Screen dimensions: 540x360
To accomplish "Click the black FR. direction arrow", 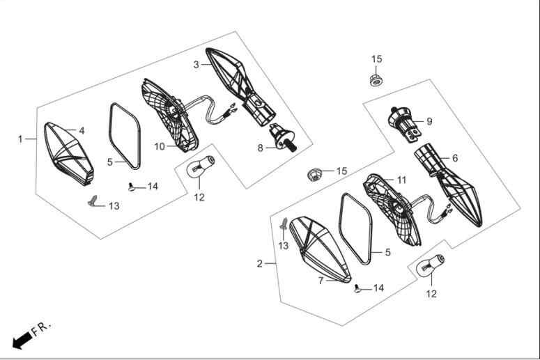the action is point(22,340).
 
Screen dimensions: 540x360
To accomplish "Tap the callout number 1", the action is point(20,139).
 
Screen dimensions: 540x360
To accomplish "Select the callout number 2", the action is point(260,264).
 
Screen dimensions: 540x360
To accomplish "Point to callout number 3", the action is point(196,65).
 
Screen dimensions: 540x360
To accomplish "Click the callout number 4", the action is point(82,130).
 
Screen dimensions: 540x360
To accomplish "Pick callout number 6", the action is point(455,158).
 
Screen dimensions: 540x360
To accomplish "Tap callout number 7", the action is point(321,281).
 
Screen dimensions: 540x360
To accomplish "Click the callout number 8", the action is point(261,148).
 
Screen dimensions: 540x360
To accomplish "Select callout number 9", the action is point(429,121).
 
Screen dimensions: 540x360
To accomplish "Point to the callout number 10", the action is point(160,147).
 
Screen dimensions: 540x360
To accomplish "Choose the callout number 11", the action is point(401,180).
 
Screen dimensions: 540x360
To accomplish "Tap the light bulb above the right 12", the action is point(431,265).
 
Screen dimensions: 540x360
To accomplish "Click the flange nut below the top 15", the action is point(376,81).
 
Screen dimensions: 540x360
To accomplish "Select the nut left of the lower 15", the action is point(314,175).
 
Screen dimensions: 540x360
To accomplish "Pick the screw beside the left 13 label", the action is point(93,201).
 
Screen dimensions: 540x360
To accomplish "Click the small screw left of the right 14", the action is point(357,288).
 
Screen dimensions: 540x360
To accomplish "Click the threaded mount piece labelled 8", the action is point(283,138).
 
